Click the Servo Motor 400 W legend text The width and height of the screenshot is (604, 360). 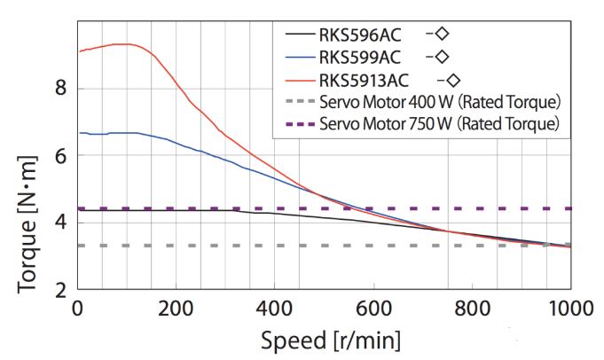pos(440,101)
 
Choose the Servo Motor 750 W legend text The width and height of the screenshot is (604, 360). pos(440,123)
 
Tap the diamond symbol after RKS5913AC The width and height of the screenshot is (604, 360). pos(452,79)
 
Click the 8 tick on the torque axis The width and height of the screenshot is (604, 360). pos(60,88)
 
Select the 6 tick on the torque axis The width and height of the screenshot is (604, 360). pos(60,155)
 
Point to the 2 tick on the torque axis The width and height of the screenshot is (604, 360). pos(60,290)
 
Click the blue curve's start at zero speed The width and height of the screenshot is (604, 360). pos(80,133)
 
